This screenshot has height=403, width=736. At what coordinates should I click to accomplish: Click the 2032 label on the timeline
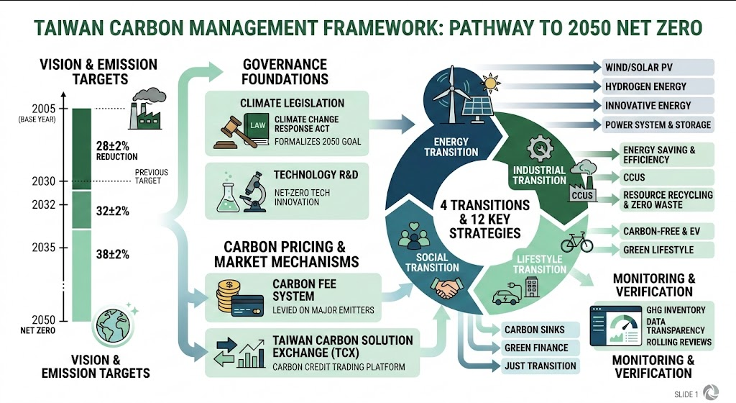pyautogui.click(x=44, y=205)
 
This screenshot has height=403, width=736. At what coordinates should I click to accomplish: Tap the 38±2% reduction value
pyautogui.click(x=113, y=255)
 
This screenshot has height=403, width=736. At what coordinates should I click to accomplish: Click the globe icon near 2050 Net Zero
pyautogui.click(x=113, y=325)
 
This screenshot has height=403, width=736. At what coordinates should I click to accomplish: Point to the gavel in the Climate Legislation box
pyautogui.click(x=232, y=132)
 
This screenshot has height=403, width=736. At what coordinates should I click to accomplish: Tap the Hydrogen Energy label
pyautogui.click(x=645, y=86)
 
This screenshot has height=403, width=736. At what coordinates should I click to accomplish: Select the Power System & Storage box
pyautogui.click(x=657, y=125)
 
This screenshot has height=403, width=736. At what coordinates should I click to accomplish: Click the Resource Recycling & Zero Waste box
pyautogui.click(x=667, y=199)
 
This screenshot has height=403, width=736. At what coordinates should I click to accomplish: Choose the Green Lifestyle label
pyautogui.click(x=658, y=250)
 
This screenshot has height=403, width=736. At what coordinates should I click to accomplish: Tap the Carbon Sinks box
pyautogui.click(x=539, y=330)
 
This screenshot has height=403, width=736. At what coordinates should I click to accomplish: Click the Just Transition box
pyautogui.click(x=539, y=366)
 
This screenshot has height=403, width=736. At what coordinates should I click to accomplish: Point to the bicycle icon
pyautogui.click(x=577, y=242)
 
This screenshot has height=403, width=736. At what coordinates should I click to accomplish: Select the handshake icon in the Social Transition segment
pyautogui.click(x=446, y=287)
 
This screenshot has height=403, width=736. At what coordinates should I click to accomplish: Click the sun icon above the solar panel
pyautogui.click(x=490, y=83)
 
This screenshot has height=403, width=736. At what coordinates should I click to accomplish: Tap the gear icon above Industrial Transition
pyautogui.click(x=540, y=148)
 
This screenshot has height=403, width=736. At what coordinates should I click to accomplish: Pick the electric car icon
pyautogui.click(x=507, y=295)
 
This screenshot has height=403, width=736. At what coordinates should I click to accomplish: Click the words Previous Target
pyautogui.click(x=151, y=176)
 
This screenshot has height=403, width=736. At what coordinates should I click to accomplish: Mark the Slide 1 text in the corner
pyautogui.click(x=686, y=394)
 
